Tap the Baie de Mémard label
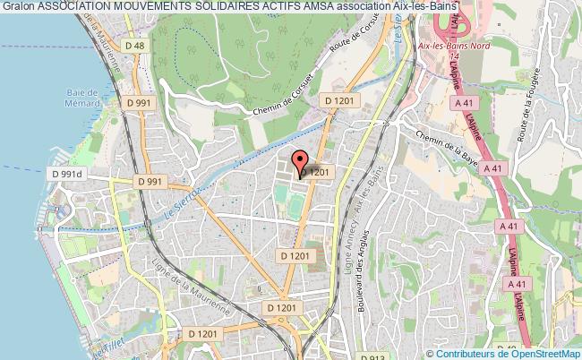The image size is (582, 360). click(x=81, y=98)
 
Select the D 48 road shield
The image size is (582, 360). click(x=135, y=46)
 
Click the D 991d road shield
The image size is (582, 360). click(x=66, y=173)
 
